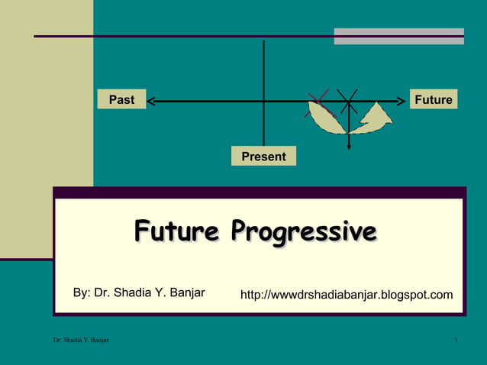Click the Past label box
(x=121, y=99)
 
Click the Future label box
(x=433, y=99)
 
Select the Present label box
(x=263, y=157)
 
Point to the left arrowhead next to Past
(x=150, y=99)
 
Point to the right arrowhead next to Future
(x=402, y=99)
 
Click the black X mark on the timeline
(x=348, y=100)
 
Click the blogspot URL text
(x=347, y=295)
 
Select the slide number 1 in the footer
(x=455, y=339)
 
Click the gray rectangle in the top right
(x=398, y=36)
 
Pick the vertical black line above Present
(x=263, y=76)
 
